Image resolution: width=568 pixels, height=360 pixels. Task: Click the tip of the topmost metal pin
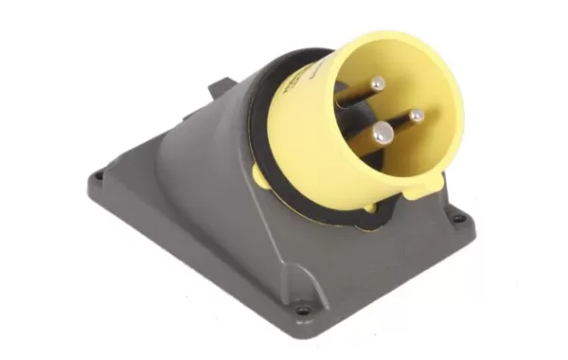[x=377, y=84]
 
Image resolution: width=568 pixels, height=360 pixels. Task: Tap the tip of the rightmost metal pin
[x=416, y=116]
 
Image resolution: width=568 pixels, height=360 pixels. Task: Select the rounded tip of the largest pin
[x=381, y=135]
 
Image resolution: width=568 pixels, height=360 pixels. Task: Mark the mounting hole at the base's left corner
[x=98, y=177]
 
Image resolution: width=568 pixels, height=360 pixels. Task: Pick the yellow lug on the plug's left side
[x=262, y=173]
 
